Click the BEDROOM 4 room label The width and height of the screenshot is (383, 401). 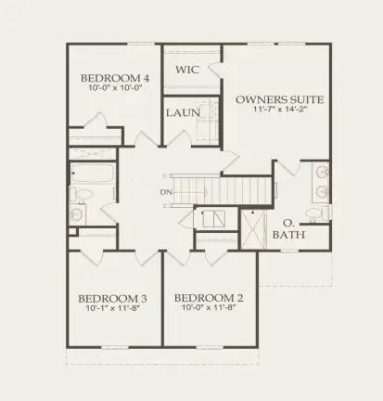[115, 78]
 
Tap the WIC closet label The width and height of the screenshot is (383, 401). [187, 70]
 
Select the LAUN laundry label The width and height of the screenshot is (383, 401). [183, 112]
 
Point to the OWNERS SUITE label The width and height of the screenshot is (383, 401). [280, 99]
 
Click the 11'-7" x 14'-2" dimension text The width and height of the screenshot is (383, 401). [280, 110]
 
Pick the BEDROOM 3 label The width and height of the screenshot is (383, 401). [112, 299]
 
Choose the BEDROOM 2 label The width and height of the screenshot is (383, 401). [209, 298]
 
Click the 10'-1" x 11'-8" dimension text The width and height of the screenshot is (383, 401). [113, 308]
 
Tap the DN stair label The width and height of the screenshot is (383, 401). [166, 192]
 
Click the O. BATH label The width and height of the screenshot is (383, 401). [288, 229]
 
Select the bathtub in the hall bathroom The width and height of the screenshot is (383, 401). [92, 174]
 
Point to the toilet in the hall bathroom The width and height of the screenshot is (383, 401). [81, 195]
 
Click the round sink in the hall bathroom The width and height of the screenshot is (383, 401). [75, 213]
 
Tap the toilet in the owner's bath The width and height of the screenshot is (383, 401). [317, 213]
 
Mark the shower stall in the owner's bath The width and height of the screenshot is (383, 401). [253, 229]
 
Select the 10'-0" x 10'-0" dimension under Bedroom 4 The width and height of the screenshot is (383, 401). [115, 87]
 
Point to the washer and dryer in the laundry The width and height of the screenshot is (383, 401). [207, 120]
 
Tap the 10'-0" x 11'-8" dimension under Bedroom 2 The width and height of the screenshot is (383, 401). [209, 307]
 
